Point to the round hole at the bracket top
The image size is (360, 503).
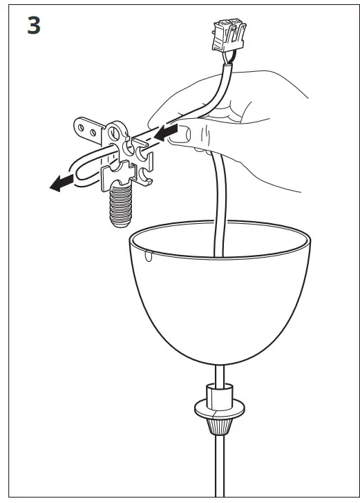click(x=115, y=131)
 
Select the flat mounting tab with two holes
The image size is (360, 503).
click(x=88, y=129)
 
